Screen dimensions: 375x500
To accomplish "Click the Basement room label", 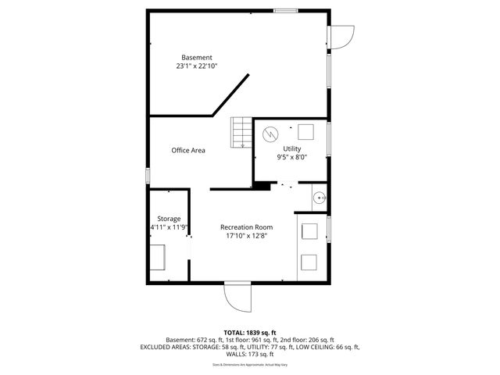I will [x=196, y=57].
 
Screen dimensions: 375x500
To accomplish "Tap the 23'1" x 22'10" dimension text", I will [x=196, y=66].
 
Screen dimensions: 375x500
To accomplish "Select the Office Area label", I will [x=188, y=150].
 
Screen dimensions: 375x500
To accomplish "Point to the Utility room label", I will [x=291, y=148].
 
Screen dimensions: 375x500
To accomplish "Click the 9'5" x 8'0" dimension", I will [x=291, y=157].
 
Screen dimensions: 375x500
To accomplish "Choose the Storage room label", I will [x=169, y=218].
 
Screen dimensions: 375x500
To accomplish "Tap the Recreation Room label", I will [x=246, y=227].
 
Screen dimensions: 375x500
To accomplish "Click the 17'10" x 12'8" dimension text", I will [x=246, y=236].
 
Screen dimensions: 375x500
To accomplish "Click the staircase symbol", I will [x=241, y=132].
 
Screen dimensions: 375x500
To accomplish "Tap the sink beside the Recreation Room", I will [x=319, y=198].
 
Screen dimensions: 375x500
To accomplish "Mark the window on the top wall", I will [x=285, y=10].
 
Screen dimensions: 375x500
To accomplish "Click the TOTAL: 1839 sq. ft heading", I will [x=250, y=332].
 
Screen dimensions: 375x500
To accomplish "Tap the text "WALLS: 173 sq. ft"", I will [x=250, y=354].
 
